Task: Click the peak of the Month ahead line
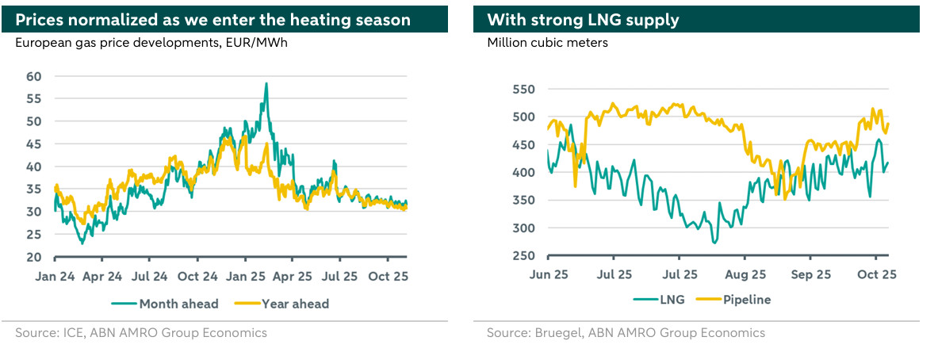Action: point(266,83)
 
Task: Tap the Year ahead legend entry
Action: point(286,304)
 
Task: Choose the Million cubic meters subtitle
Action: point(547,43)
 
